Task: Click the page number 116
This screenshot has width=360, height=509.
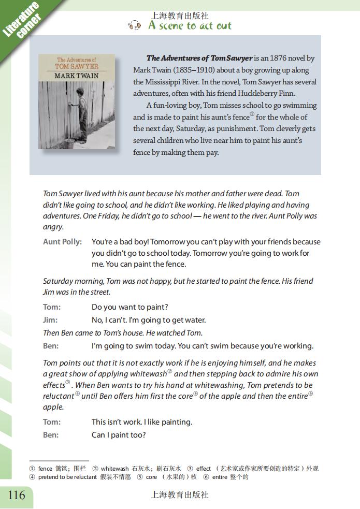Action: click(17, 495)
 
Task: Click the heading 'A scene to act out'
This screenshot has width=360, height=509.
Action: click(190, 26)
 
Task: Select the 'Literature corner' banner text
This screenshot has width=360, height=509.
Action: click(21, 21)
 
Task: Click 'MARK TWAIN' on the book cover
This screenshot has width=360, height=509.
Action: click(77, 76)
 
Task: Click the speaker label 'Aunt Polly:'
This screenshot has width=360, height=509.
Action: click(62, 242)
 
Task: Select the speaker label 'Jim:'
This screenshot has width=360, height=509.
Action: click(50, 320)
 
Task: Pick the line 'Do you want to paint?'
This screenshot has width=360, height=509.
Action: click(129, 308)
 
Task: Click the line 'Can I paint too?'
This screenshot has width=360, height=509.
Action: click(119, 435)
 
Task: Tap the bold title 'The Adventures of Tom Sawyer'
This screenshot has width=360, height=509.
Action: click(199, 59)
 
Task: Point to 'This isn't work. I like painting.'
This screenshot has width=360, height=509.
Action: click(142, 422)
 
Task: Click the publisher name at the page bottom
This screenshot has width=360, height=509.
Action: click(179, 495)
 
